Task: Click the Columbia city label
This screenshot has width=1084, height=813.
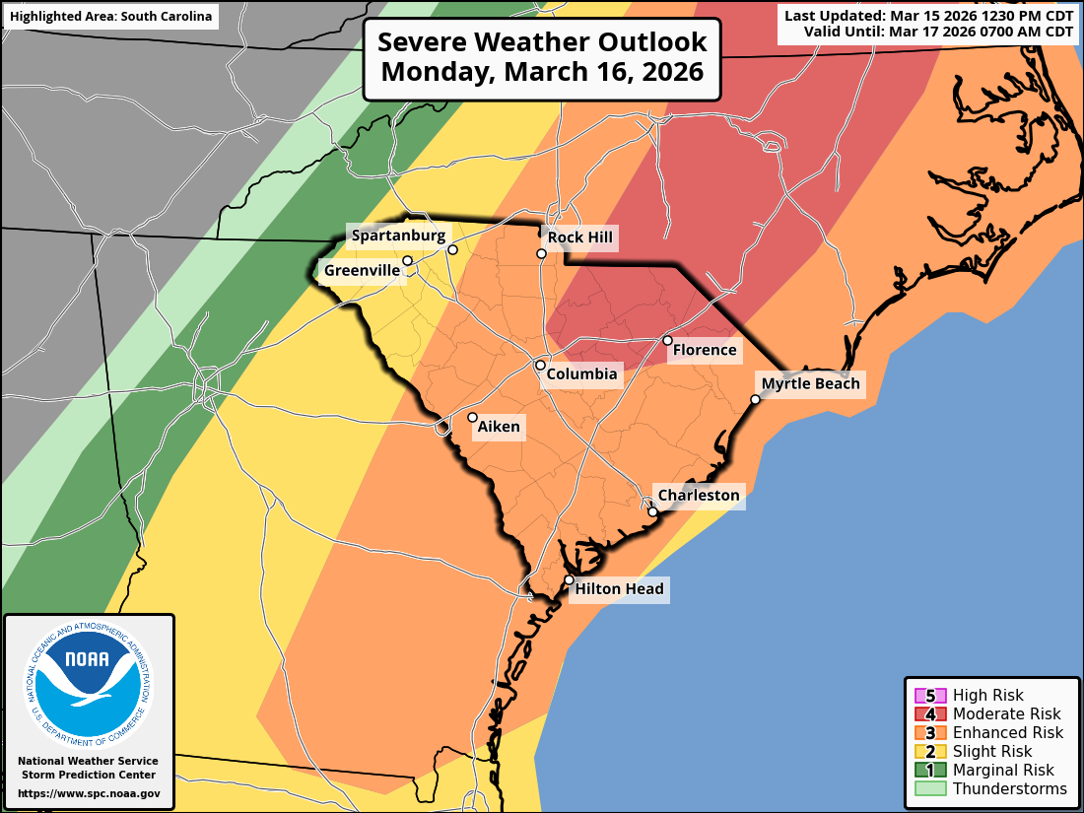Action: (x=581, y=373)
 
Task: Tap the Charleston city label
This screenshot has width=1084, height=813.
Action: (x=698, y=495)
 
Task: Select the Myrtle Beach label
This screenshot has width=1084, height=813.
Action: (x=810, y=383)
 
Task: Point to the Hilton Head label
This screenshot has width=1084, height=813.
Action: (x=619, y=589)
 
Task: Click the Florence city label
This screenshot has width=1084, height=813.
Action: (x=704, y=350)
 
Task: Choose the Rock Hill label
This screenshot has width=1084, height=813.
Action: (x=579, y=237)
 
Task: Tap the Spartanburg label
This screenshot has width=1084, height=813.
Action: (x=398, y=235)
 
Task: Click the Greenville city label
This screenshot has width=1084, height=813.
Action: (x=362, y=270)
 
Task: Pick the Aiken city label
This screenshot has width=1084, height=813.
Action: (x=499, y=427)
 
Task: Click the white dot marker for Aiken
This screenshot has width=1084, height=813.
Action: (x=472, y=417)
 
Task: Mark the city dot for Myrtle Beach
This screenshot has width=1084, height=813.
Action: (x=755, y=399)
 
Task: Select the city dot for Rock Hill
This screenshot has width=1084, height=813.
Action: (x=541, y=254)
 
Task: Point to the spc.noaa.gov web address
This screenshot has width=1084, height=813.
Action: (x=89, y=793)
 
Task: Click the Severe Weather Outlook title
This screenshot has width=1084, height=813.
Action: (x=542, y=57)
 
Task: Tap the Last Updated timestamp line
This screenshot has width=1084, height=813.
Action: (x=928, y=15)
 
